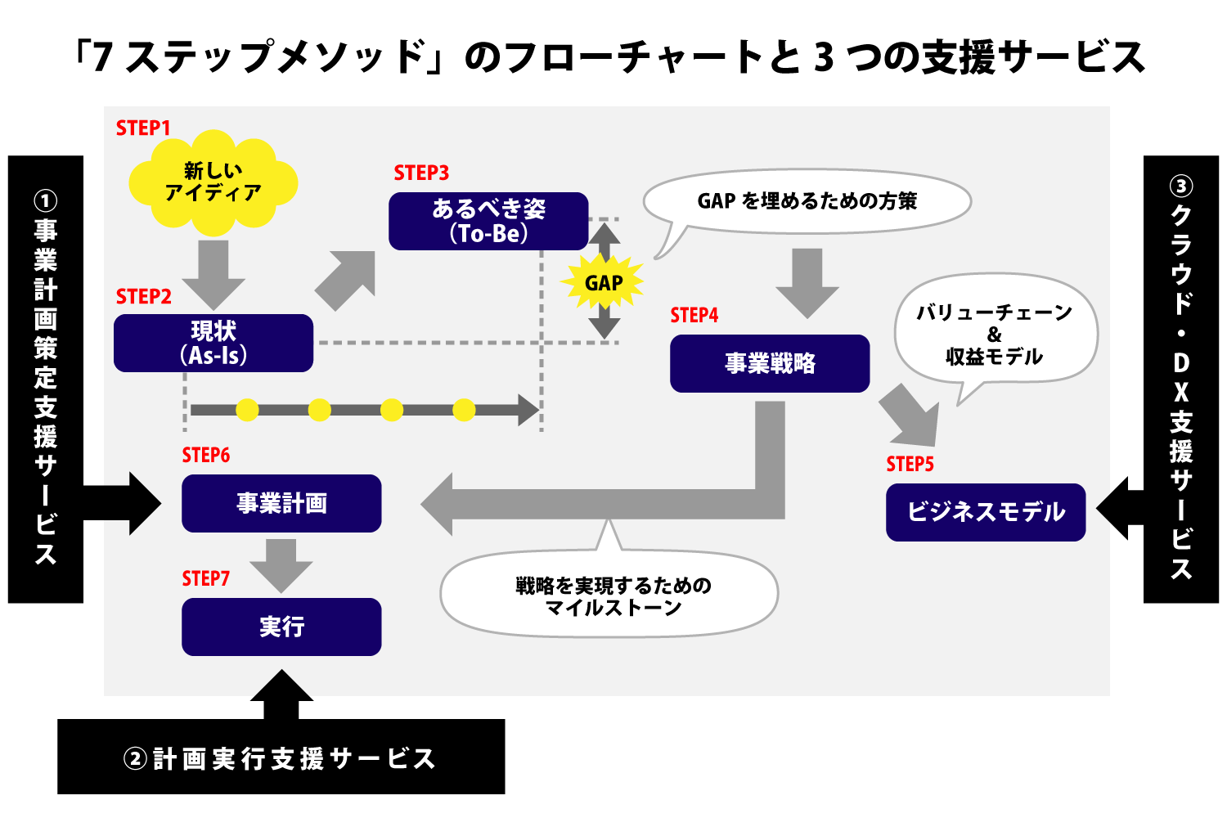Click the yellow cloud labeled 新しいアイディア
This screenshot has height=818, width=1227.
tap(213, 182)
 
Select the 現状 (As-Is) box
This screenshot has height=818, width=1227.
tap(213, 343)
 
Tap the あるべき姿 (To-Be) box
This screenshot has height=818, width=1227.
tap(488, 221)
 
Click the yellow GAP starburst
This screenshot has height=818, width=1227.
tap(604, 283)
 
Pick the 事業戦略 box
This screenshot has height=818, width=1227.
tap(770, 363)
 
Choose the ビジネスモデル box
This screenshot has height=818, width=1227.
tap(986, 512)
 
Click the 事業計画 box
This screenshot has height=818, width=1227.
tap(281, 503)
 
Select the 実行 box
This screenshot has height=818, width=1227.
tap(281, 627)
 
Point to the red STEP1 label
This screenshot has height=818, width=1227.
tap(143, 128)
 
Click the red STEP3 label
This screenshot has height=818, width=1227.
tap(421, 173)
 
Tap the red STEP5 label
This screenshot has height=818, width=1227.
tap(910, 465)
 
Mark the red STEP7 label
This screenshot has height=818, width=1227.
tap(205, 579)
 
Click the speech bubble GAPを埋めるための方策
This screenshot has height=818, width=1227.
tap(807, 201)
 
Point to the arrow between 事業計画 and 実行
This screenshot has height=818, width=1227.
tap(281, 564)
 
